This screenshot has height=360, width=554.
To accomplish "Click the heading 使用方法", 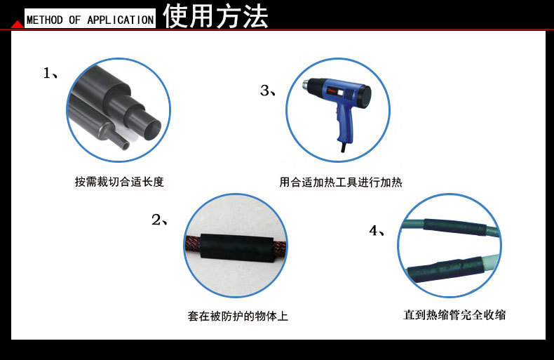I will (216, 17).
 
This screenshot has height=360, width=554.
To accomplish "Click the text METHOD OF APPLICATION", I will (90, 20).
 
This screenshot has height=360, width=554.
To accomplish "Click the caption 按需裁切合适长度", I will (119, 182).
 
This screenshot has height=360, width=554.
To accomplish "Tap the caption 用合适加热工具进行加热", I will (341, 182).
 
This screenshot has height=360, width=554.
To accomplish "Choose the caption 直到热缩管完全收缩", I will (454, 315).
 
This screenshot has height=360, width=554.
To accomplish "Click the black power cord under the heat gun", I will (344, 149).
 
